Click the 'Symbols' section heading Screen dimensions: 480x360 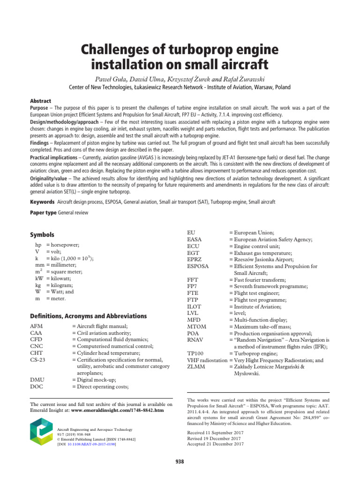[42, 235]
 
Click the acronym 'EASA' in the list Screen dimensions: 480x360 [195, 239]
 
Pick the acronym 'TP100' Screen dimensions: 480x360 [196, 353]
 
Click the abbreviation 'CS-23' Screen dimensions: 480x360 [38, 360]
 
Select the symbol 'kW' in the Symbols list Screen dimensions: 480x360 [39, 278]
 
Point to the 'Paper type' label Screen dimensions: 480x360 [43, 213]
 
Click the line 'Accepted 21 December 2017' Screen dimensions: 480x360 [215, 443]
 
